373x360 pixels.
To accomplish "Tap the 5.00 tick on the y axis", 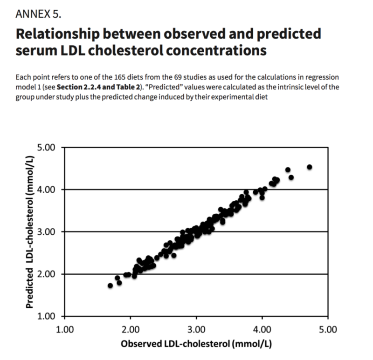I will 46,148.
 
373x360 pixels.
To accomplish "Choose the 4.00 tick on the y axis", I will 46,190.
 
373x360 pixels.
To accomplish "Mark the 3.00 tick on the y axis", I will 46,232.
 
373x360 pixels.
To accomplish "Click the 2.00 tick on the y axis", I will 46,274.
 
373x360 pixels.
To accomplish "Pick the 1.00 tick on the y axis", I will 46,316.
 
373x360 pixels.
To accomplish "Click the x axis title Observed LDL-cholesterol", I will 196,345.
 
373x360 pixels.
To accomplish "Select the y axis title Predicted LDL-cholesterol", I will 29,231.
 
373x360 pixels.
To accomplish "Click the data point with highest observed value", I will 310,167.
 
